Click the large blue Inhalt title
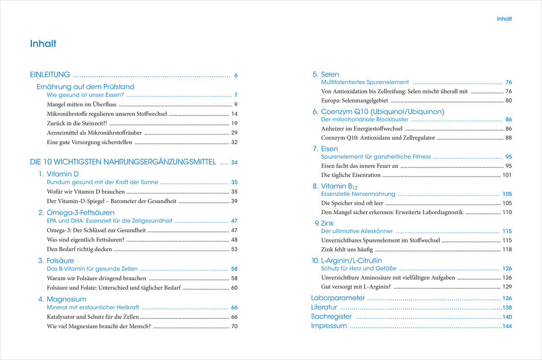coord(44,44)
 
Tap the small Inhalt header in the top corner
coord(504,19)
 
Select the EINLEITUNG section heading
coord(50,75)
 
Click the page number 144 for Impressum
coord(507,326)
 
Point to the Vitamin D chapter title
coord(63,174)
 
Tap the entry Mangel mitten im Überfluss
coord(81,105)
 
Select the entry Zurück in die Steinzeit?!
coord(77,123)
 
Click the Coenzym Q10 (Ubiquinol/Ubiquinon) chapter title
coord(383,112)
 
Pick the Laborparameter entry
coord(338,298)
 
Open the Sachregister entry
coord(332,317)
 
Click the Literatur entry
coord(324,307)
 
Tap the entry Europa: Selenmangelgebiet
coord(354,101)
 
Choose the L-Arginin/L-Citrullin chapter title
coord(351,261)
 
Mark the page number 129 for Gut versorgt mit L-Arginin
coord(507,287)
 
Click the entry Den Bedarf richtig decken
coord(79,249)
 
